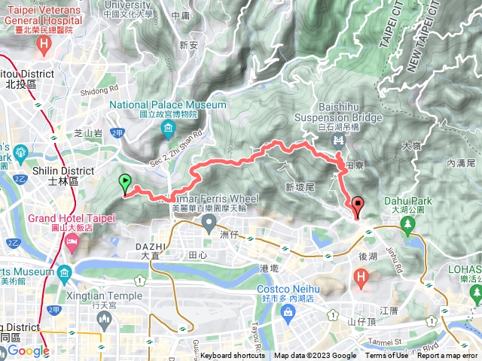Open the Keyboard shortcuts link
pyautogui.click(x=233, y=356)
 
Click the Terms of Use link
pyautogui.click(x=386, y=356)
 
